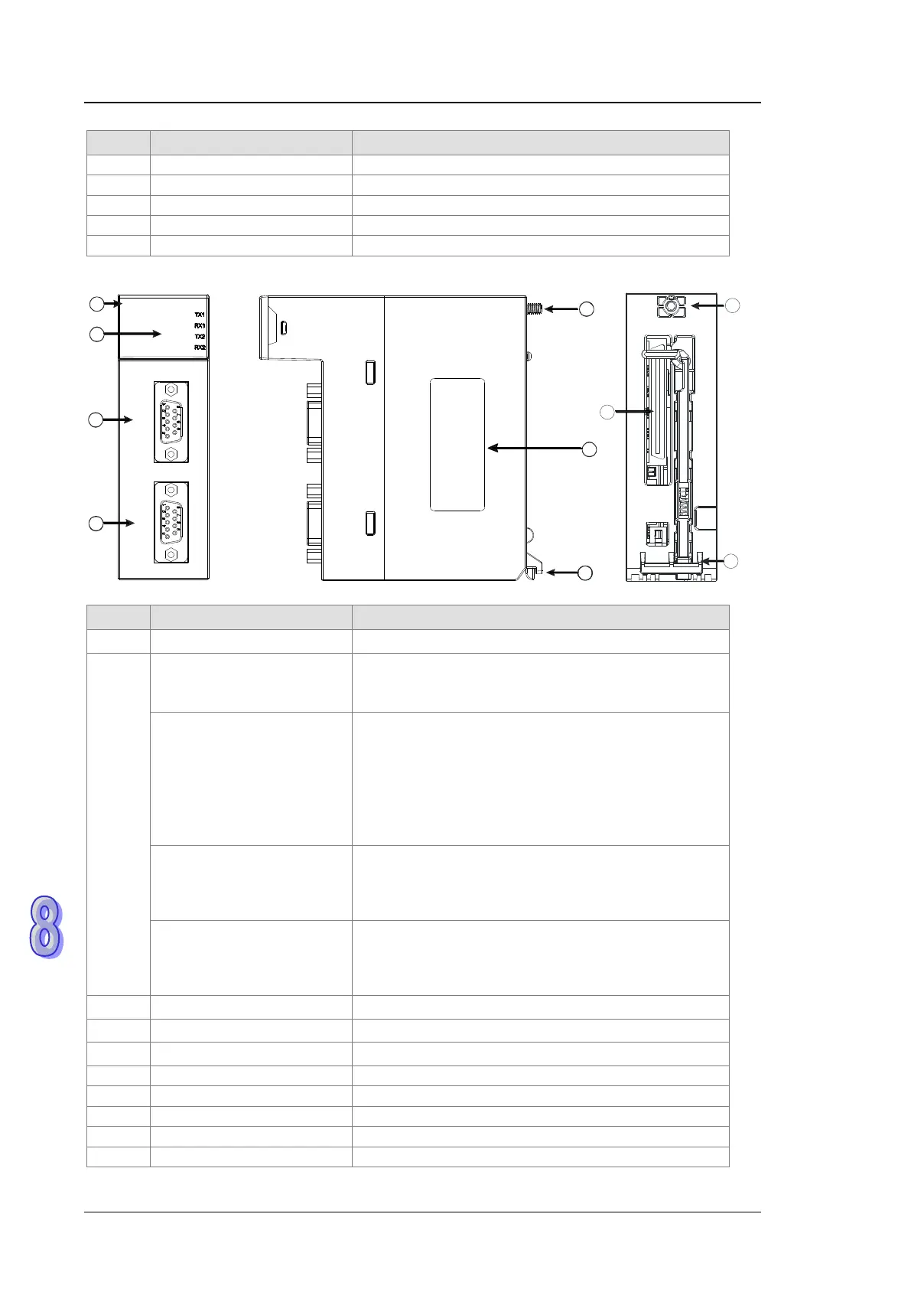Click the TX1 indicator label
pos(200,315)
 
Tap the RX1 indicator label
pos(200,326)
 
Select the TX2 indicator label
pos(200,337)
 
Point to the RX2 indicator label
pos(200,348)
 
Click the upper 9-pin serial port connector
pos(171,422)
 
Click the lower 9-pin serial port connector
pos(171,523)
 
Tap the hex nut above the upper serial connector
pos(171,390)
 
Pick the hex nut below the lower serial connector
pos(171,555)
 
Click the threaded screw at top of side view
pos(535,309)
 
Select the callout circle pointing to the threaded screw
pos(586,309)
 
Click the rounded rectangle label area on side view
pos(457,445)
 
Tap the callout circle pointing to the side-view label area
pos(589,449)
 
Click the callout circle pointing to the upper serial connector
pos(96,419)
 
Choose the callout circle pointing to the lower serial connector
pos(96,523)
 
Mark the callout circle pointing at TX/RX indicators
pos(96,334)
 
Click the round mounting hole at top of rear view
pos(671,305)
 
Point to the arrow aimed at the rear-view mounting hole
pos(707,305)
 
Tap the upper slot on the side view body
pos(370,372)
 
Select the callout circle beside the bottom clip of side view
pos(585,573)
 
